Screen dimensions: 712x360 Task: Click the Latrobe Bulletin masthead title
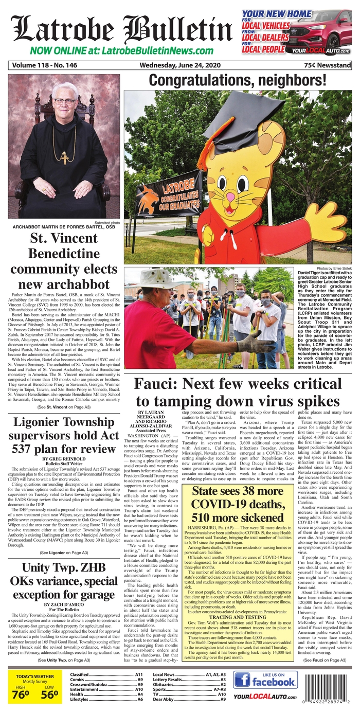click(121, 28)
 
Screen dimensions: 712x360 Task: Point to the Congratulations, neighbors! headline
click(237, 80)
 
